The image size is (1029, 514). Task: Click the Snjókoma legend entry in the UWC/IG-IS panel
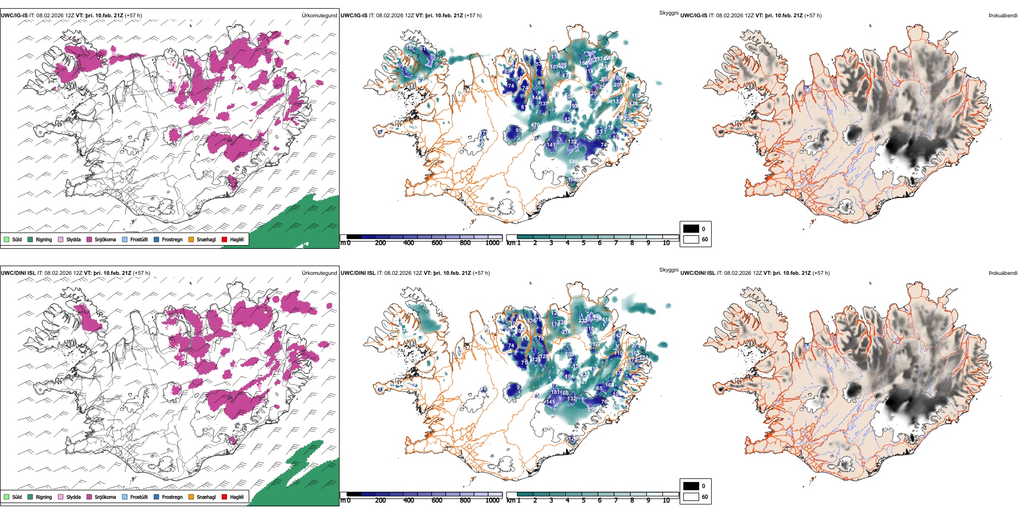(105, 240)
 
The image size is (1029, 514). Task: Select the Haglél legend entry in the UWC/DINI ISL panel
(236, 497)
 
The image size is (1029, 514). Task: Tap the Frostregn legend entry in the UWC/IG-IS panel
(172, 240)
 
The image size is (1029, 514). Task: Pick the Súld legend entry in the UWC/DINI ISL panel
(17, 497)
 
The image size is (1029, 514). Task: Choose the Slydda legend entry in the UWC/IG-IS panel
(73, 240)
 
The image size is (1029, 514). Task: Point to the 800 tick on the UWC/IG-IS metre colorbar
(465, 243)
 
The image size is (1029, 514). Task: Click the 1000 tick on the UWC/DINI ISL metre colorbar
(492, 501)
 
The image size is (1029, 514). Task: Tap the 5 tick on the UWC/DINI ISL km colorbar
(583, 501)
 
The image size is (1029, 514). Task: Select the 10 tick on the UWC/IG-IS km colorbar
(666, 243)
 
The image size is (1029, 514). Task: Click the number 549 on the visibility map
(573, 162)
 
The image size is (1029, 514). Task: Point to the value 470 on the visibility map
(535, 126)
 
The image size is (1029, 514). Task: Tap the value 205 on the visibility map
(570, 354)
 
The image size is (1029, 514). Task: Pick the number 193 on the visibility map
(575, 107)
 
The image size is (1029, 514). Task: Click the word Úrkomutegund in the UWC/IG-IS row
(319, 16)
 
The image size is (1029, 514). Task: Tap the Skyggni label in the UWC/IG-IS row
(668, 13)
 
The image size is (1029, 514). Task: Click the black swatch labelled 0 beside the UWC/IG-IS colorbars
(691, 229)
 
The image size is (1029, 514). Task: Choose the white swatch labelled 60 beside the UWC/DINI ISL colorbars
(691, 497)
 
